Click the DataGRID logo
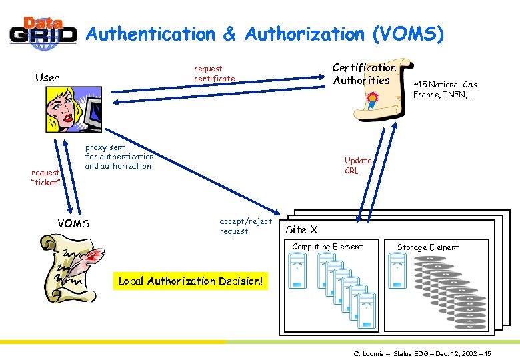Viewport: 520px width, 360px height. click(41, 31)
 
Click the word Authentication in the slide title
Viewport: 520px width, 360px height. click(151, 34)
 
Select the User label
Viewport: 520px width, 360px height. click(47, 77)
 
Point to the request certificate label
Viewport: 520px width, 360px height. click(214, 73)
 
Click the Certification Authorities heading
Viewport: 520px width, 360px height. click(363, 74)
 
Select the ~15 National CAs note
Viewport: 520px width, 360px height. click(445, 89)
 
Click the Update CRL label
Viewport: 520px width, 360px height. click(358, 165)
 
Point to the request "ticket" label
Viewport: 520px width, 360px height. click(46, 177)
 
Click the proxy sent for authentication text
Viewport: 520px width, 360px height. click(119, 157)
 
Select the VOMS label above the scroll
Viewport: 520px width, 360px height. click(73, 223)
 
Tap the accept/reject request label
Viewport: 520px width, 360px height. click(245, 226)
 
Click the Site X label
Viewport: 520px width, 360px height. click(301, 229)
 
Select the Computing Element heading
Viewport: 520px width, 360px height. click(327, 247)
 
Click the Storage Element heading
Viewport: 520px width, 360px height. click(427, 247)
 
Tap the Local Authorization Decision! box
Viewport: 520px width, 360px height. click(191, 281)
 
